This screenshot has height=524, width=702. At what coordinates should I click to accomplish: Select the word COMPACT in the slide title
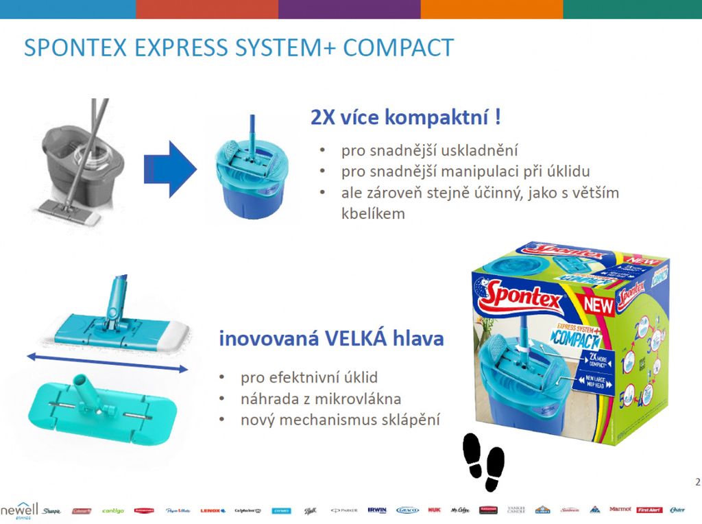coord(398,48)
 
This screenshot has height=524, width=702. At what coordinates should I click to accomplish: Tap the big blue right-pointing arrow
coord(170,169)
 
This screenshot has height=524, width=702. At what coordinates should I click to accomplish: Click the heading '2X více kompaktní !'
coord(406,117)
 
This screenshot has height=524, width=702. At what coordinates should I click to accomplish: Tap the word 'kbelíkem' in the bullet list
coord(373,213)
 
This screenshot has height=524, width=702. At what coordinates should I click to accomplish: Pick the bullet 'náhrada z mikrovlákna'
coord(320,398)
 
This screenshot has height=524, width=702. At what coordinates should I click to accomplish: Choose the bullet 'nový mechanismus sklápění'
coord(339,419)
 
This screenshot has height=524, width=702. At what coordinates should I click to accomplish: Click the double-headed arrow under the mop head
coord(107,362)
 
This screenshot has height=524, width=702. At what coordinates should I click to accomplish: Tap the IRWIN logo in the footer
coord(376,510)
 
